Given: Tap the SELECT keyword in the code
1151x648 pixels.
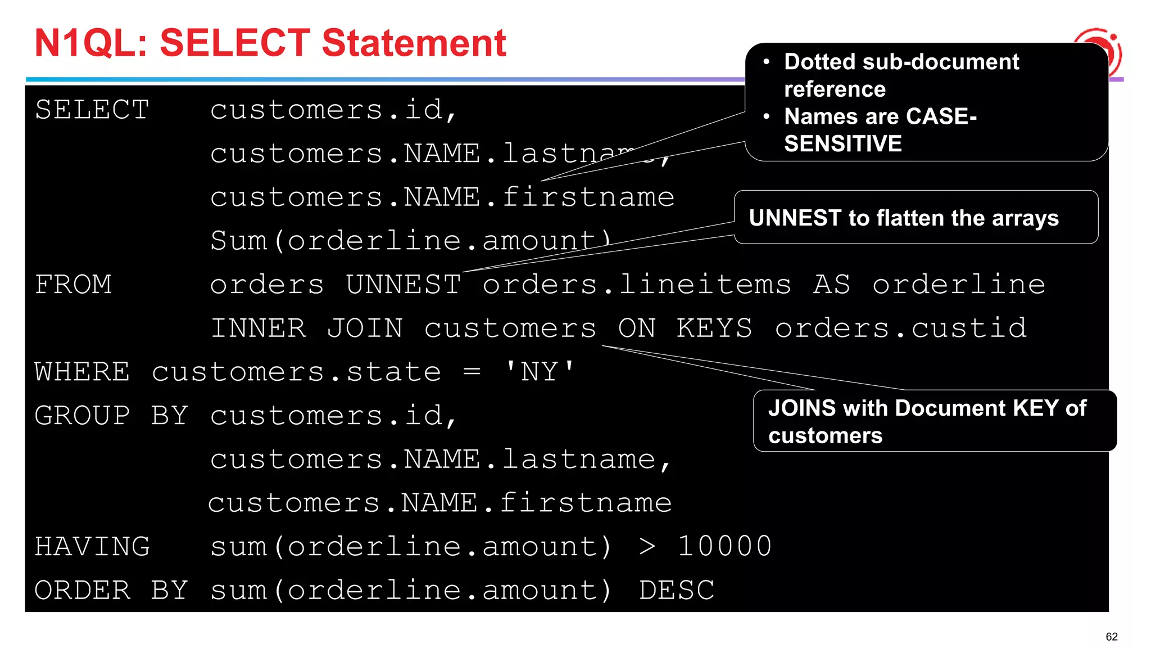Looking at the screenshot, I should click(92, 110).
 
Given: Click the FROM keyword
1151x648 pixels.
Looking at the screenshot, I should click(74, 285).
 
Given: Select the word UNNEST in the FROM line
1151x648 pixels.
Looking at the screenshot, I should click(404, 285).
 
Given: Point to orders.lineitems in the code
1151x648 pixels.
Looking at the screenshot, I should click(637, 285).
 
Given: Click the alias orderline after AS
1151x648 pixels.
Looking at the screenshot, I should click(958, 285).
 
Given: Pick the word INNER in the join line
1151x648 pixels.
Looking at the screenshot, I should click(259, 328).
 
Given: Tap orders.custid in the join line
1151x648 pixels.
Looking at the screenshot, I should click(901, 328).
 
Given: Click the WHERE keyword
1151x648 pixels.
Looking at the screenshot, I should click(82, 372).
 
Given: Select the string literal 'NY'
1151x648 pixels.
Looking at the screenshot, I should click(540, 372).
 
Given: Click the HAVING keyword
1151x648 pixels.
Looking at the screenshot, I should click(92, 547).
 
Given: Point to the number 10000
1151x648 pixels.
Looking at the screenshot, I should click(725, 547).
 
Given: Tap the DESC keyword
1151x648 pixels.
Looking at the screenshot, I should click(677, 591).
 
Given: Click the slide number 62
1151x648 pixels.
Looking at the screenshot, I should click(1111, 637).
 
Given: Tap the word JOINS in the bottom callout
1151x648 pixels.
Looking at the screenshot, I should click(802, 408).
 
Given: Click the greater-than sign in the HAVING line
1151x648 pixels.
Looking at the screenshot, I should click(647, 547).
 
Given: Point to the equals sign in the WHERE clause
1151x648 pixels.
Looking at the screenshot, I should click(472, 372).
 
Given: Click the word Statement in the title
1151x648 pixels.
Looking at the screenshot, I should click(414, 43).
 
